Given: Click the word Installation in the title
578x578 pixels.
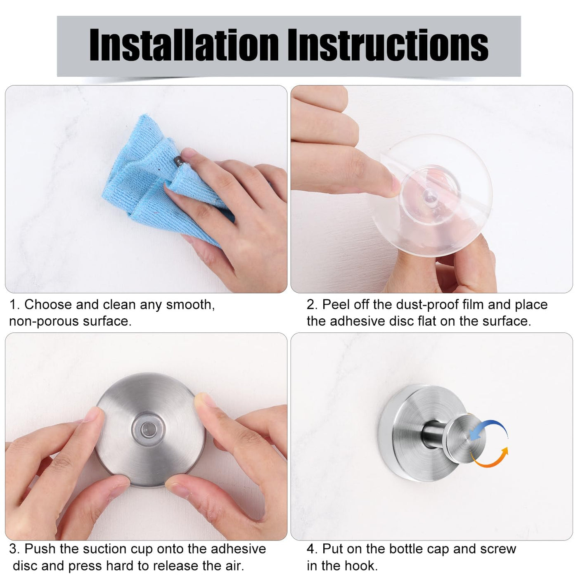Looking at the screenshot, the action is [x=184, y=45].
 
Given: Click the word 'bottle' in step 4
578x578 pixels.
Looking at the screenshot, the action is [x=406, y=549].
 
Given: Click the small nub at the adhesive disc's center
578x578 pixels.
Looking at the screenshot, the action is [x=429, y=197].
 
